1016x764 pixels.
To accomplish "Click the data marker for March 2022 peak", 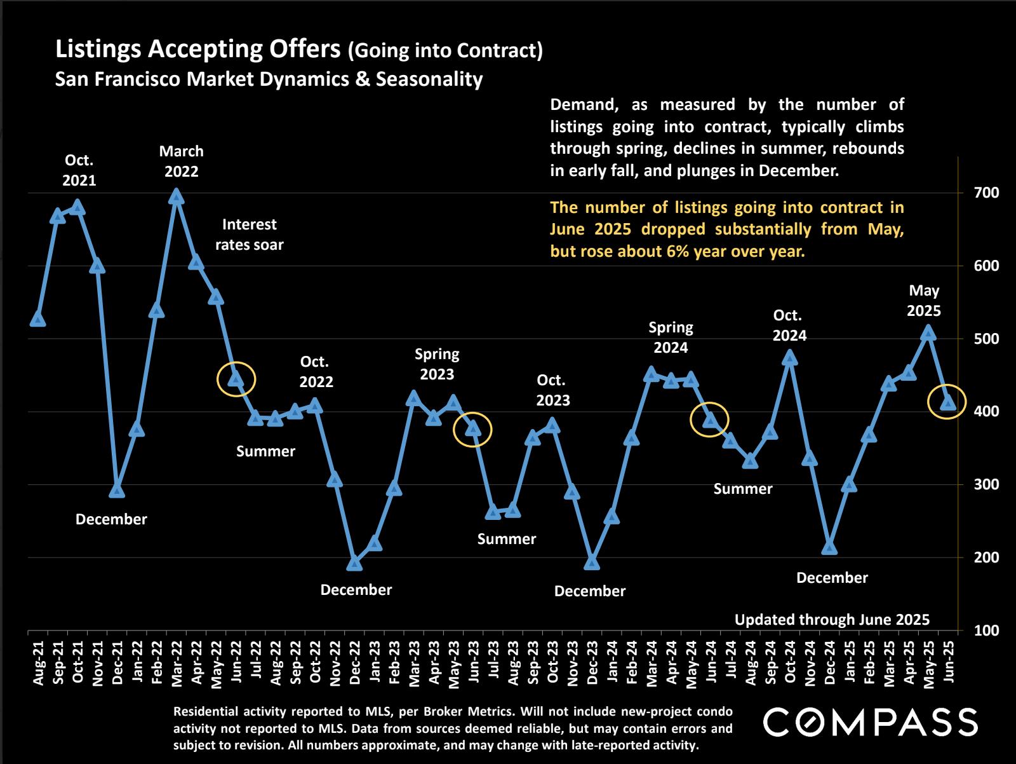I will point(177,197).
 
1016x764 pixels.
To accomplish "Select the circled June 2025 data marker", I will point(948,402).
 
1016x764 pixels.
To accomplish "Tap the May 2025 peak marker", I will point(928,332).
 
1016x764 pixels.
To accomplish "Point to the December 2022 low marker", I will point(355,563).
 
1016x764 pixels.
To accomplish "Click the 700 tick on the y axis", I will point(973,193).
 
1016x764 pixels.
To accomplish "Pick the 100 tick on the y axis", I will point(973,631).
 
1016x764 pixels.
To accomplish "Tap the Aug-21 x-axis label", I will point(38,663).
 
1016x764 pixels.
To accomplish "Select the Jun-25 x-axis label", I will point(948,662).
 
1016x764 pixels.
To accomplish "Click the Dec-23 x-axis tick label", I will point(592,663).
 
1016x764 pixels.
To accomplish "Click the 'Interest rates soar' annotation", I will point(249,235).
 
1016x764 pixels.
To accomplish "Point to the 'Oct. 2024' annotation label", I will point(789,325).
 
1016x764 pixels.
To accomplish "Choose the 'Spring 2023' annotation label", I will point(437,364).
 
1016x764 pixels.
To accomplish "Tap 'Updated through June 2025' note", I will point(832,620).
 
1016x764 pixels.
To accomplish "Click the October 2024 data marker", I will point(790,358).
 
